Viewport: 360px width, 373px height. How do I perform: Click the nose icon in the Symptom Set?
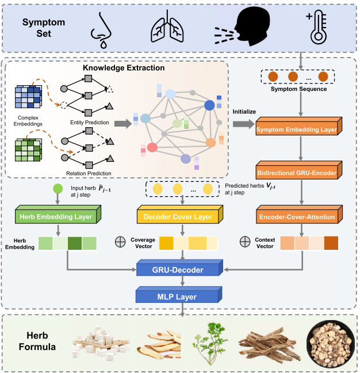tap(101, 31)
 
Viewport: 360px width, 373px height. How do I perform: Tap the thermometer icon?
tap(317, 27)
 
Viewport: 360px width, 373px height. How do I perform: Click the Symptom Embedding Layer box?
tap(298, 126)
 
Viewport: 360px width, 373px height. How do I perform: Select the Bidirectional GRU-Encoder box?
tap(298, 170)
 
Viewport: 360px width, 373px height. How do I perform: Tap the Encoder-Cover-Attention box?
tap(299, 215)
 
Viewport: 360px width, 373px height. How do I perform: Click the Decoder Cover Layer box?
tap(179, 215)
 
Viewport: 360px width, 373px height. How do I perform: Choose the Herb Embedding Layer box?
tap(58, 215)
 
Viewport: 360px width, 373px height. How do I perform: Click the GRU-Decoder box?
tap(179, 268)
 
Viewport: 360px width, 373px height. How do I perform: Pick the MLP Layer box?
tap(179, 295)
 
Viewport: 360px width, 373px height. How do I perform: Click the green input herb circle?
tap(58, 189)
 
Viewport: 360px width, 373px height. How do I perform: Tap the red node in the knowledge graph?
tap(152, 147)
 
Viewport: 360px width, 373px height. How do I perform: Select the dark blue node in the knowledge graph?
tap(209, 105)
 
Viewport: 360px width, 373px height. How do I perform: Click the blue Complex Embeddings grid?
tap(28, 97)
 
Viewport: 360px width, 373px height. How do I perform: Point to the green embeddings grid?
tap(28, 150)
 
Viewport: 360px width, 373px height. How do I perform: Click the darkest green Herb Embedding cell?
tap(75, 243)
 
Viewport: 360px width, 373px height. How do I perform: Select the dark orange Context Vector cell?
tap(331, 243)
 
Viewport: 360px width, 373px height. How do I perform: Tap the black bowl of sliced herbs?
tap(331, 344)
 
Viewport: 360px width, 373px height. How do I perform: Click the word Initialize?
tap(244, 112)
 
